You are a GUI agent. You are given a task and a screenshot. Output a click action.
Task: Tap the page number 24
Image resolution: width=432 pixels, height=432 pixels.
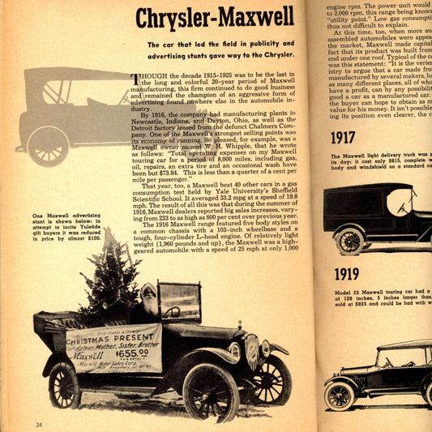(x=39, y=424)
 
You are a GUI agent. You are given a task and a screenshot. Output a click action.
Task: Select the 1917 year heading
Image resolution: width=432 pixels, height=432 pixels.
(x=343, y=138)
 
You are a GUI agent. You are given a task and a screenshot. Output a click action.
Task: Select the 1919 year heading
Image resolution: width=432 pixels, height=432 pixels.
(x=346, y=274)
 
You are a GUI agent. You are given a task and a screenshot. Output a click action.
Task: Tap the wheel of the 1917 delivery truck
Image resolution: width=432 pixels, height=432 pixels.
(x=349, y=240)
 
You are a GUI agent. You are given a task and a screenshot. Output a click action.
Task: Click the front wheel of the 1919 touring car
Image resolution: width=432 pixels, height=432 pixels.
(x=340, y=395)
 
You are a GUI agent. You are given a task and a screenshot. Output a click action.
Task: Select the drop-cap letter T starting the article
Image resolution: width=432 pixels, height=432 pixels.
(x=135, y=79)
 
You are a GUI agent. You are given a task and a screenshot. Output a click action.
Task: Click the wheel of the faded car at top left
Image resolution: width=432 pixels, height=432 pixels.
(x=48, y=146)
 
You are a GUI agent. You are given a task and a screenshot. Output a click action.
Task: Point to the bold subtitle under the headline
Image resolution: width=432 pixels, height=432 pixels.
(x=220, y=49)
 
